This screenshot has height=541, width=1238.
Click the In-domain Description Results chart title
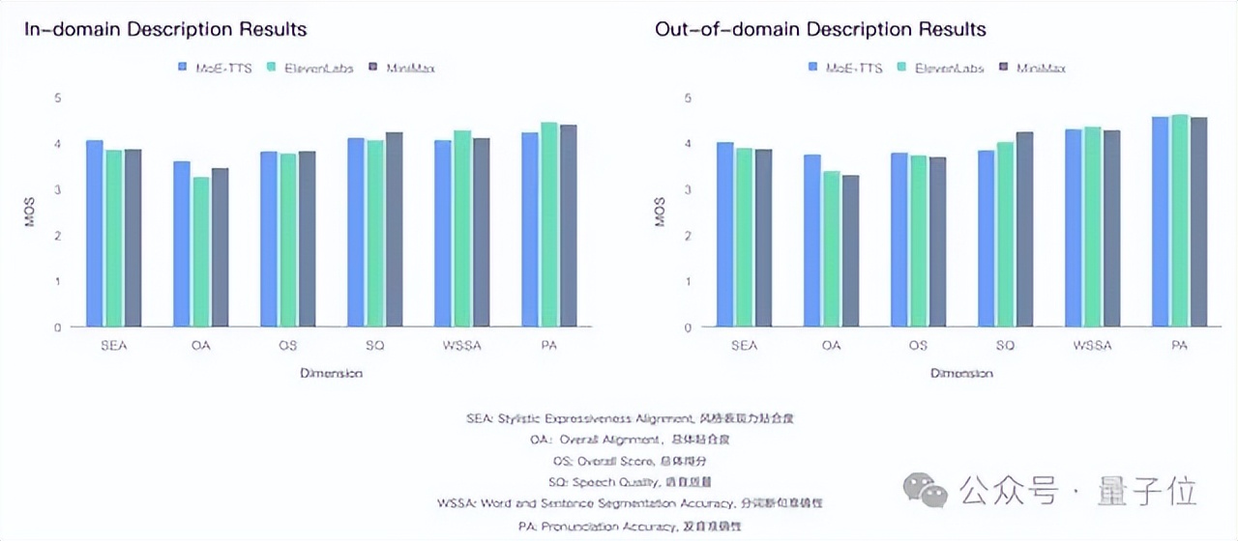pos(165,29)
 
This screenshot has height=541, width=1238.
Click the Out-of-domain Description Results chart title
pos(820,29)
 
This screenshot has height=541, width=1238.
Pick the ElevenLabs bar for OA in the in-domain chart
pos(201,252)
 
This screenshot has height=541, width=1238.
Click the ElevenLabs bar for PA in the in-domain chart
pos(549,225)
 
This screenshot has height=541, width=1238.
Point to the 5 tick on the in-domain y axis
pos(57,98)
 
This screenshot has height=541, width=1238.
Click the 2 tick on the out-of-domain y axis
pos(688,236)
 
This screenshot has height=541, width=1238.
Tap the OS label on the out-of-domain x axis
pos(918,346)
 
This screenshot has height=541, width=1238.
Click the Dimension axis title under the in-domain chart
pos(331,373)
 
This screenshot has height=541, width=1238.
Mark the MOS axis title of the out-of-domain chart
pos(661,213)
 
